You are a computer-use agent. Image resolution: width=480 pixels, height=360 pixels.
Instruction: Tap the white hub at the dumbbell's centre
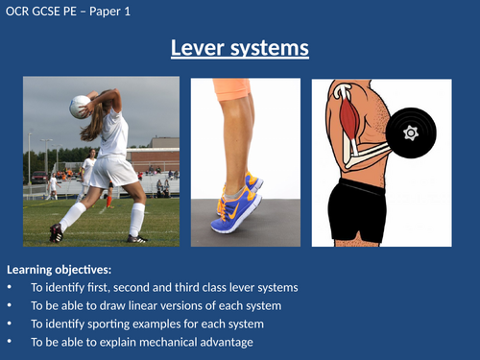coord(411,132)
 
